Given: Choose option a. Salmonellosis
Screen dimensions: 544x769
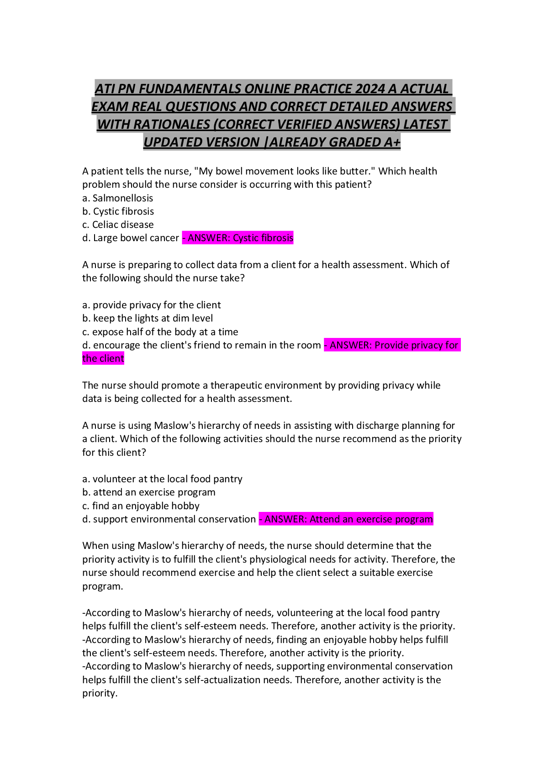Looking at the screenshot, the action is coord(117,198).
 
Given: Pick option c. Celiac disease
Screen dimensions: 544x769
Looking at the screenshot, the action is coord(118,225).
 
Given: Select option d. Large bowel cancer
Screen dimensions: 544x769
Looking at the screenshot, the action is coord(131,238).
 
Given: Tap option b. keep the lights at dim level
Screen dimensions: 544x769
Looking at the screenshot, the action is coord(148,318).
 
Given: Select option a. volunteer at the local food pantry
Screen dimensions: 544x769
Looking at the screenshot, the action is coord(162,479).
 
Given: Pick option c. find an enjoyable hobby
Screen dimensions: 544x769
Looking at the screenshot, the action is coord(141,506).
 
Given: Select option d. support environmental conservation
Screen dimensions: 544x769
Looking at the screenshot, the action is coord(169,519).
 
